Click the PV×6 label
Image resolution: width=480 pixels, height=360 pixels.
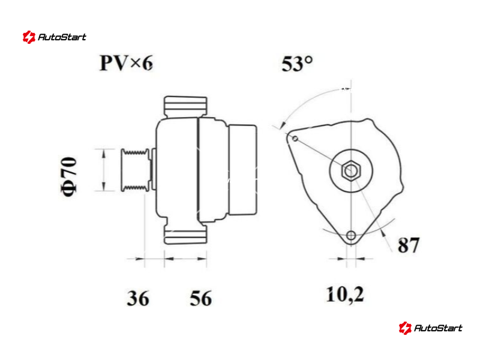[126, 63]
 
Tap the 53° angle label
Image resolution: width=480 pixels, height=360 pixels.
[297, 64]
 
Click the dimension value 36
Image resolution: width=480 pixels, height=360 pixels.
[138, 298]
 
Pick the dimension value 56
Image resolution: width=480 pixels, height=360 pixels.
[201, 298]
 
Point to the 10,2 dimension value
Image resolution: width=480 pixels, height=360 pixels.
[345, 295]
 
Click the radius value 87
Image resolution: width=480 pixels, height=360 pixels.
[409, 245]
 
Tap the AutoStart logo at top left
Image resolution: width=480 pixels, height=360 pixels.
[54, 37]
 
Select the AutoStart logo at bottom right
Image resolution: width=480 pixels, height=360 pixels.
[430, 328]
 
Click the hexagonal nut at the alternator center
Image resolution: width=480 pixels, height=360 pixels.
[351, 171]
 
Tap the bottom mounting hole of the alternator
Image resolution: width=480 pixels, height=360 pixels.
[351, 236]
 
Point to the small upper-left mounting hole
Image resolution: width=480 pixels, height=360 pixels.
[295, 139]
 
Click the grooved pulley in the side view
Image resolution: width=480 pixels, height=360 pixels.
[136, 170]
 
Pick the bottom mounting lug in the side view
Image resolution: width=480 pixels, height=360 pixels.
[185, 234]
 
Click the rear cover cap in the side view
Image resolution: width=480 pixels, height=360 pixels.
[243, 170]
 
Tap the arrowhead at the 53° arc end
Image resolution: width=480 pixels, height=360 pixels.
[283, 125]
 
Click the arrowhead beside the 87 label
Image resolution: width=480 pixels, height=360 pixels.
[382, 233]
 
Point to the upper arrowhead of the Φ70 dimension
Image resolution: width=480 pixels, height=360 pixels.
[103, 154]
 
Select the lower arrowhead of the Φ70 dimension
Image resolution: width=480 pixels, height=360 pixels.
[103, 187]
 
